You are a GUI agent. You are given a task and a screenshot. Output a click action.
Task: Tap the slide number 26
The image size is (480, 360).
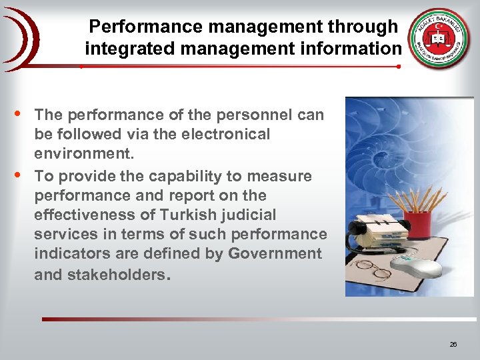453,344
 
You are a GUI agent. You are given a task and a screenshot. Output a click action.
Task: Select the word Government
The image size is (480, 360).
275,254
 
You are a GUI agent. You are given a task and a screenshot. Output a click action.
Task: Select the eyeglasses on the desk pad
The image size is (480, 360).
371,270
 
